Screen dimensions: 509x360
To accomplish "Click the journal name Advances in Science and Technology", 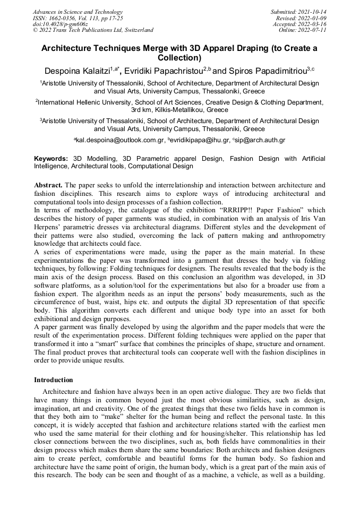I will [x=78, y=12].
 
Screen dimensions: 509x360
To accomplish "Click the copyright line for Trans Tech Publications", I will [x=93, y=30].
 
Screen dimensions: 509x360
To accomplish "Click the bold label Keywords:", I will [x=51, y=159].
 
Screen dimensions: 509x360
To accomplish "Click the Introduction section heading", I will [x=54, y=380].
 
